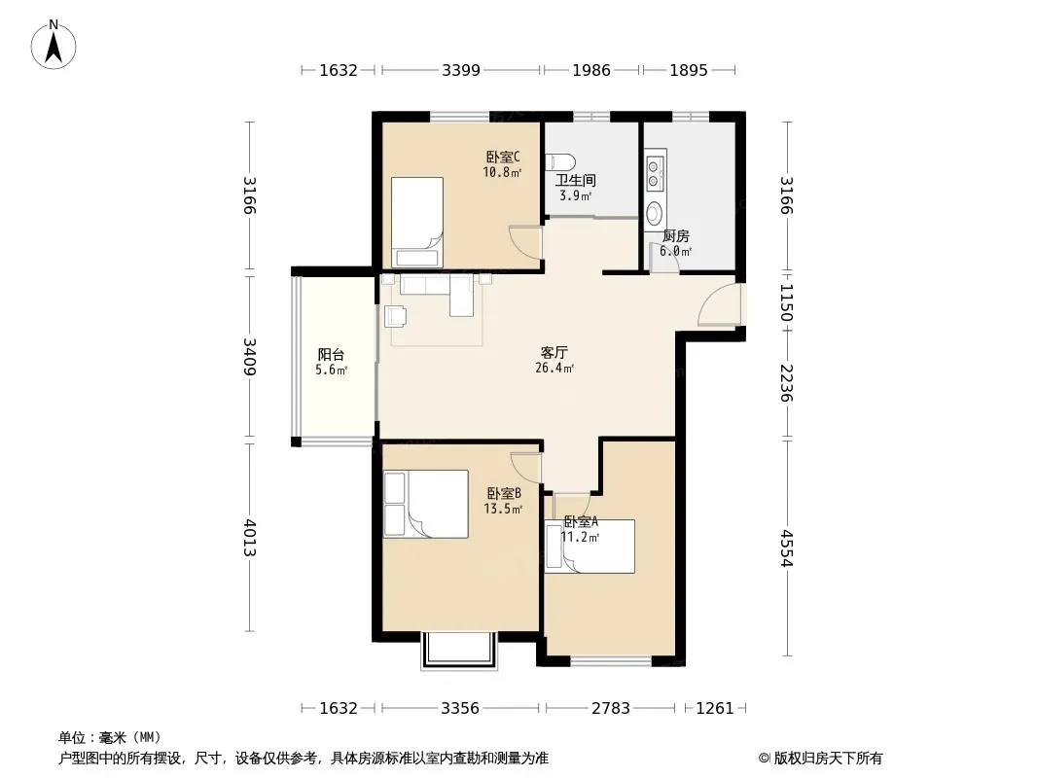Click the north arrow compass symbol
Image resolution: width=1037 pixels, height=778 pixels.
[x=54, y=45]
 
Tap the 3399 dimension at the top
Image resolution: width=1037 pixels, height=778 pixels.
[x=461, y=70]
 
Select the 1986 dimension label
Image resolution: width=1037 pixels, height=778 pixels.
[x=591, y=70]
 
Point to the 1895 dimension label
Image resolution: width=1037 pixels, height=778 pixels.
[x=689, y=70]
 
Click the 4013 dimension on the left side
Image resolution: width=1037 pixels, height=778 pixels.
[x=249, y=538]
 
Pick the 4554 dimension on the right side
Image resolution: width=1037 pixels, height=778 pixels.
[x=786, y=548]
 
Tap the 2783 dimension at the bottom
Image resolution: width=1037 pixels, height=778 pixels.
[x=610, y=709]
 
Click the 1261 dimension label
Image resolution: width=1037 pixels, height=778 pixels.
[x=715, y=709]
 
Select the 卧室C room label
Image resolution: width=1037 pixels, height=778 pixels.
[x=503, y=158]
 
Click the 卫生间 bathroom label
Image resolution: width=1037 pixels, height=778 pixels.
[x=575, y=180]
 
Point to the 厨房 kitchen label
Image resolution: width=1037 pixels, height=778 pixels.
[x=676, y=236]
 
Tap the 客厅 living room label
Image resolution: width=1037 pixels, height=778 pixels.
[x=554, y=352]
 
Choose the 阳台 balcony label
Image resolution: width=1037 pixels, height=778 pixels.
[x=331, y=354]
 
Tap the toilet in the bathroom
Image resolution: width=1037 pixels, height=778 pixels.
[x=560, y=162]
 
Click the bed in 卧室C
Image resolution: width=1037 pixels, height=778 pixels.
[x=416, y=222]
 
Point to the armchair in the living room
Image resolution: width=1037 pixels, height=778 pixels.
[x=395, y=317]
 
